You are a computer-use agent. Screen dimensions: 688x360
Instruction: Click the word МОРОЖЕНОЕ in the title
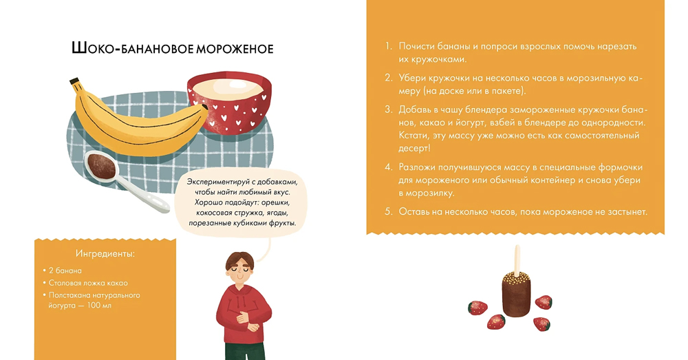pyautogui.click(x=235, y=48)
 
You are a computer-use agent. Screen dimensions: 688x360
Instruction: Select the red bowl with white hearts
pyautogui.click(x=230, y=103)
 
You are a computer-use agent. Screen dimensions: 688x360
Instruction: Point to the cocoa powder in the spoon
pyautogui.click(x=101, y=167)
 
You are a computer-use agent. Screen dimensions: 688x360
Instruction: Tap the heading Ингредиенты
pyautogui.click(x=105, y=254)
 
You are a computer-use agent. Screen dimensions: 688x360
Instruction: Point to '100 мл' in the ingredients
pyautogui.click(x=99, y=306)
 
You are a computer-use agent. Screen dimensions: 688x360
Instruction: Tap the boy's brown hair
pyautogui.click(x=240, y=259)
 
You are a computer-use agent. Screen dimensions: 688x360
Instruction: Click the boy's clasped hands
pyautogui.click(x=244, y=320)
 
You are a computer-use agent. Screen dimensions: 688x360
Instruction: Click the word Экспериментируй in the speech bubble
pyautogui.click(x=218, y=182)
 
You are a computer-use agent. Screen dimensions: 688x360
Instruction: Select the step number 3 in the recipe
pyautogui.click(x=388, y=109)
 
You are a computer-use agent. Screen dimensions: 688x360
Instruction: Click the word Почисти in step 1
pyautogui.click(x=416, y=46)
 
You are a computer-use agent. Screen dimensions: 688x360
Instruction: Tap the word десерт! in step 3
pyautogui.click(x=414, y=149)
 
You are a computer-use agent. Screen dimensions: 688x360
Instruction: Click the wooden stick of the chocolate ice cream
pyautogui.click(x=517, y=260)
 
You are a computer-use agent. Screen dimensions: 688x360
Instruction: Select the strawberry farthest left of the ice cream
pyautogui.click(x=477, y=307)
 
